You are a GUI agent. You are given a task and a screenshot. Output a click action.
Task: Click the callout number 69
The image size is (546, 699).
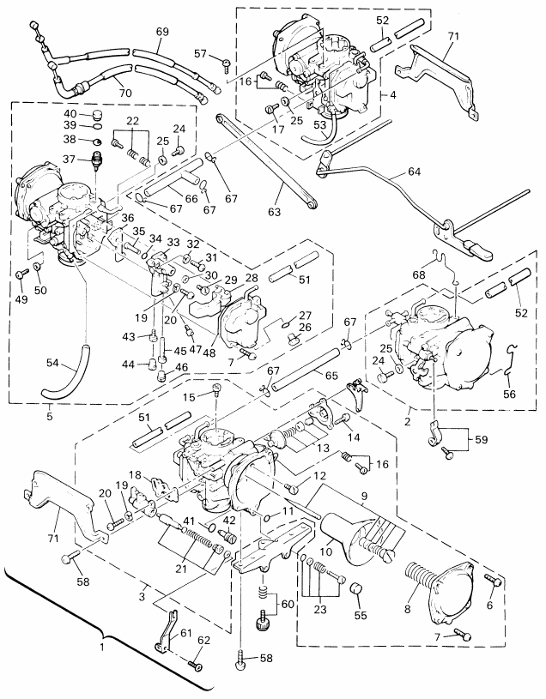click(162, 32)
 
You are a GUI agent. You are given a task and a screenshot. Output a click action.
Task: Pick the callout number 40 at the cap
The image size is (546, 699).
click(70, 114)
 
